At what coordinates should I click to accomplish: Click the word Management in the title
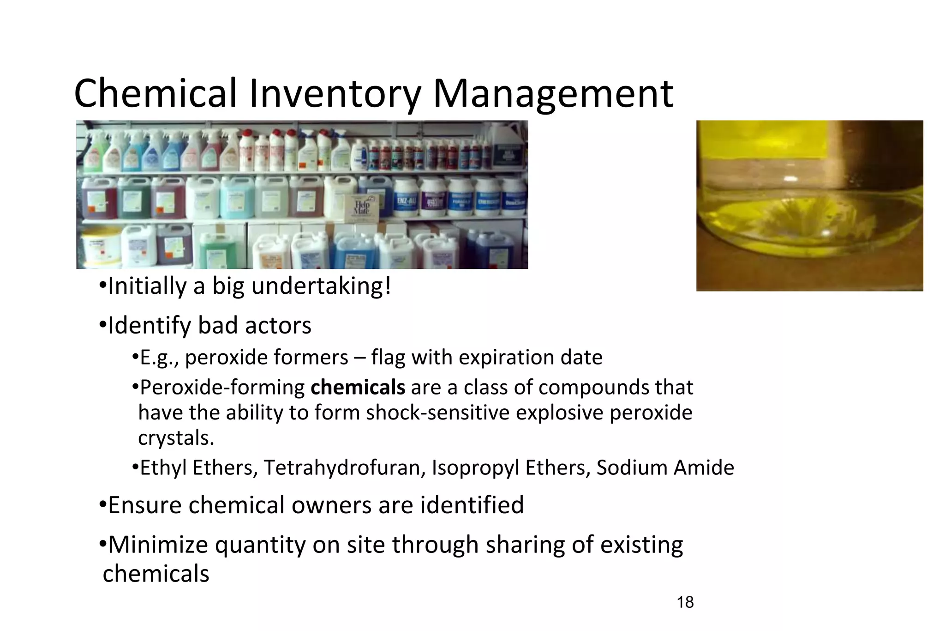tap(553, 94)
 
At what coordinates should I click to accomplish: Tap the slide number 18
tap(685, 602)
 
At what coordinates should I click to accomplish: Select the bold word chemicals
tap(358, 387)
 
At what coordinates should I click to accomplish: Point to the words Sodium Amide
tap(665, 467)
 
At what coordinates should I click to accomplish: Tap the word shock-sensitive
tap(437, 413)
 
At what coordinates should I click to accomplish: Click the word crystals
tap(175, 438)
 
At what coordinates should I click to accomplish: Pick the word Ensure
tap(145, 505)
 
